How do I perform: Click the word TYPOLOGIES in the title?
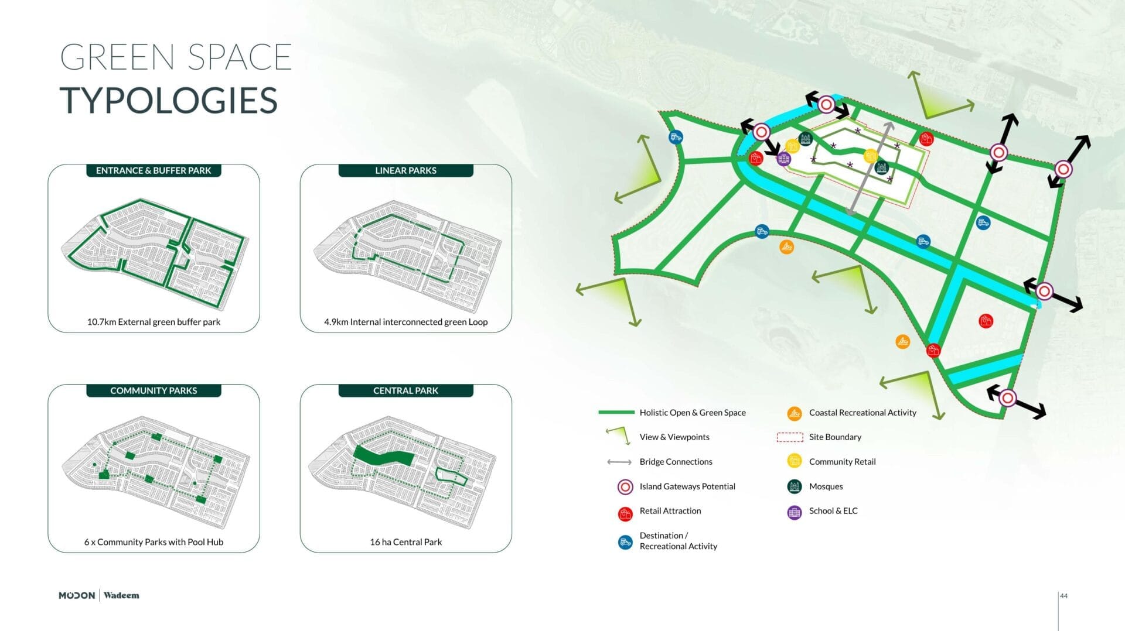pos(169,100)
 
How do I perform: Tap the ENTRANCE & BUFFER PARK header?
pos(154,170)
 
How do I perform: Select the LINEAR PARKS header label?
pos(405,170)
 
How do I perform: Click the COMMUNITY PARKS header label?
pos(154,390)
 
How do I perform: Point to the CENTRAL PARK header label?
pos(405,390)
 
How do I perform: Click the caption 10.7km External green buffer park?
pos(154,322)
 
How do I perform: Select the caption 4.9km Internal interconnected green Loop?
pos(405,322)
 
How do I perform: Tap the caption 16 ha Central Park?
pos(405,542)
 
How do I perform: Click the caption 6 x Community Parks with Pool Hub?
pos(154,542)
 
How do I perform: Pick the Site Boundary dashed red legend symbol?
pos(789,437)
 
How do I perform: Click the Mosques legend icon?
pos(794,486)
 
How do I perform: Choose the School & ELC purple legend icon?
pos(794,512)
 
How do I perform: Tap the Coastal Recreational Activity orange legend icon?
pos(794,413)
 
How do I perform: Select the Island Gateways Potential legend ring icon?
pos(625,486)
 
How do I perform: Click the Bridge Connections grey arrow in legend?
pos(619,462)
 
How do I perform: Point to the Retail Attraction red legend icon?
pos(625,513)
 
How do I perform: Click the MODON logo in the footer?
pos(77,595)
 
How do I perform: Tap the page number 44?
pos(1063,596)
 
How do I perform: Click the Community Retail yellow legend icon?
pos(794,461)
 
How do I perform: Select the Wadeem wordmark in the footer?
pos(121,595)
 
